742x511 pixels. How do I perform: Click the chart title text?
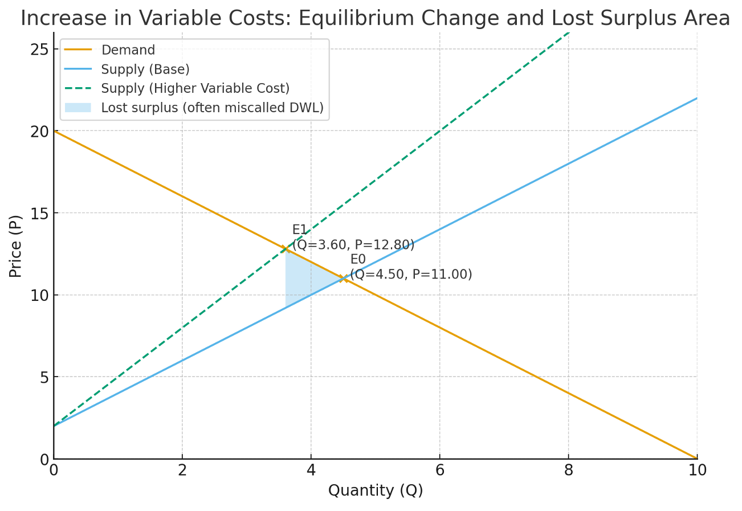tap(375, 19)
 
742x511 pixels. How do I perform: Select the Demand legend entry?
tap(128, 50)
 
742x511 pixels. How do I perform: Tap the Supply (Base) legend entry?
tap(145, 70)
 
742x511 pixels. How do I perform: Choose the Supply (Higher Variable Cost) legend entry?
tap(195, 89)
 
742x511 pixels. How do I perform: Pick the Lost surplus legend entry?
tap(212, 108)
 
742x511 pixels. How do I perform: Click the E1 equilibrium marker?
tap(286, 248)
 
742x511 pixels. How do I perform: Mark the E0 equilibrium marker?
tap(343, 278)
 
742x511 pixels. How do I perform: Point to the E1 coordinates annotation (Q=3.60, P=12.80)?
tap(353, 245)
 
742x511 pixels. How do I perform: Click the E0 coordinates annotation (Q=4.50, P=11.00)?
tap(411, 275)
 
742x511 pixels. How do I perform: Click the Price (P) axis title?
tap(16, 246)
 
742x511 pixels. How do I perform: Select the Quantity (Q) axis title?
tap(376, 490)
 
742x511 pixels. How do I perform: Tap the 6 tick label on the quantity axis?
tap(439, 471)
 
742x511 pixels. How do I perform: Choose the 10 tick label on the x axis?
tap(697, 471)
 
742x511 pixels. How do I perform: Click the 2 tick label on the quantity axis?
tap(182, 471)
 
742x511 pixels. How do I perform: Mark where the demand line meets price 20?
tap(54, 131)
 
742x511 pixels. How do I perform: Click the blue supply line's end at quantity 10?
tap(696, 98)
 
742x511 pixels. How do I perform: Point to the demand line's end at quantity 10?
tap(696, 458)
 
